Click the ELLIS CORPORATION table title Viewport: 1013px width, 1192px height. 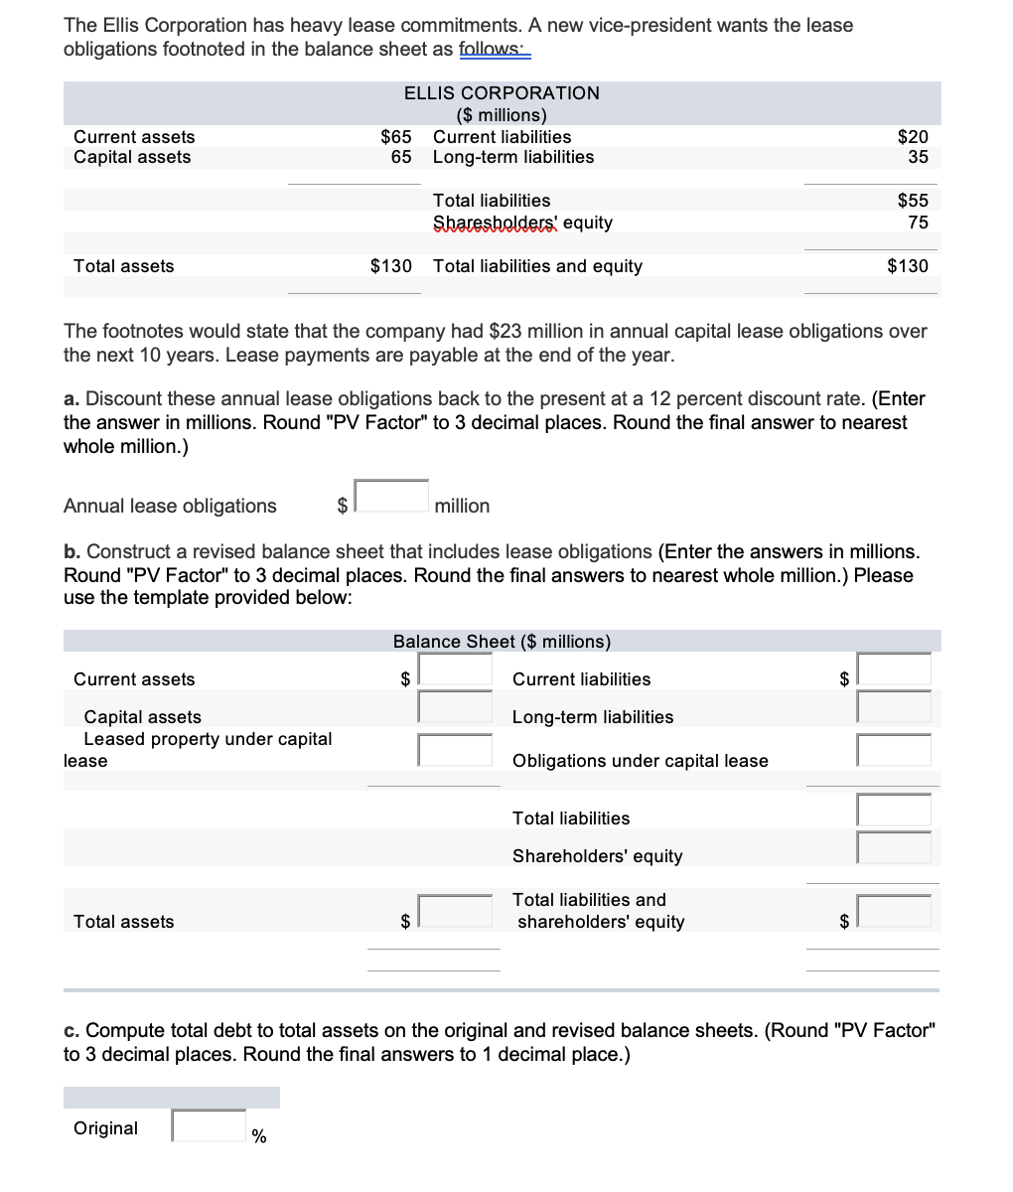tap(502, 92)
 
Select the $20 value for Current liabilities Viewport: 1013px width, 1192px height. tap(912, 137)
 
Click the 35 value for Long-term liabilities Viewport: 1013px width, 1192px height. tap(917, 157)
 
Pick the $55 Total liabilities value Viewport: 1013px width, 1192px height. tap(912, 201)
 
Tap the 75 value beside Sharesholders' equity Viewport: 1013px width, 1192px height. tap(918, 223)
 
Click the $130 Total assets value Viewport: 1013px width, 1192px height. tap(390, 266)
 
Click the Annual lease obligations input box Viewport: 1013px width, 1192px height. tap(392, 496)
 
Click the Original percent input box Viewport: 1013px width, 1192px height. tap(210, 1125)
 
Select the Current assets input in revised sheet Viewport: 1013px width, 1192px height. tap(455, 670)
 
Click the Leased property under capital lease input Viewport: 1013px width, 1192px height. tap(455, 750)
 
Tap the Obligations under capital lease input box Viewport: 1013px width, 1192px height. tap(894, 750)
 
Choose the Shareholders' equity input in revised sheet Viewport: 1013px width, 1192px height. tap(894, 846)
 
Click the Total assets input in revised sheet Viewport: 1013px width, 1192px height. tap(455, 911)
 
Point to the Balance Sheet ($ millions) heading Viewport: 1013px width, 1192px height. tap(502, 642)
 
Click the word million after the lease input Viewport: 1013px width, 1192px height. tap(462, 507)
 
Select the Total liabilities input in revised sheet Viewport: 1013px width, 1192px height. tap(894, 810)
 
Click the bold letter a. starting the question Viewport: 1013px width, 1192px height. tap(72, 399)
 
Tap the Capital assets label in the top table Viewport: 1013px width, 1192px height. tap(132, 157)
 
